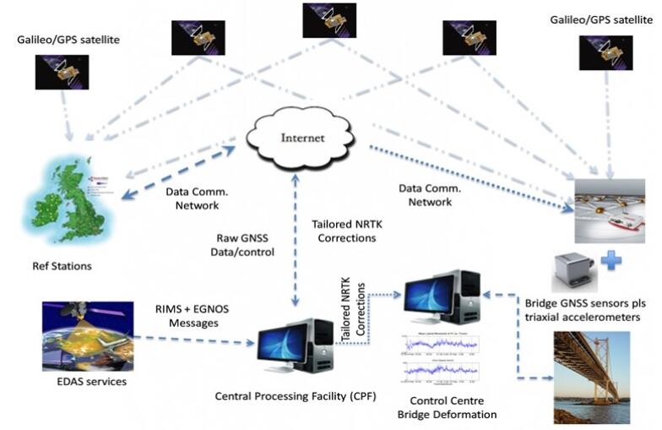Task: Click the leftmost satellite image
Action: click(x=62, y=72)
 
